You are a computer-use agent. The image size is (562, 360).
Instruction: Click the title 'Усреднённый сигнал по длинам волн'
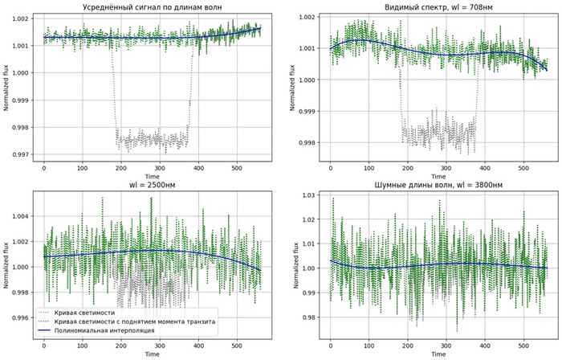[x=152, y=7]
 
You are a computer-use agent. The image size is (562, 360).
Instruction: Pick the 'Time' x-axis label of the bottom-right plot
[x=438, y=354]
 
